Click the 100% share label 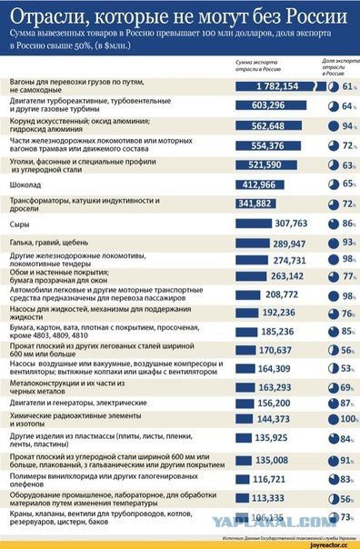(x=347, y=419)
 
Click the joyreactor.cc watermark (x=329, y=543)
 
